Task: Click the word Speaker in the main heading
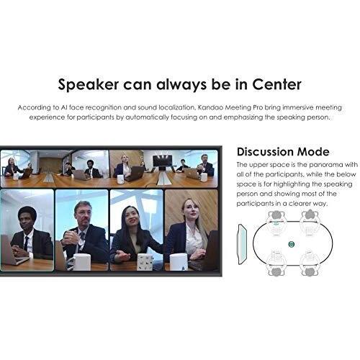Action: coord(89,85)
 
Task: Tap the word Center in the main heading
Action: coord(276,84)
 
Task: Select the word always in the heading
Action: coord(181,84)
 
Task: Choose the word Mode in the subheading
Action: coord(313,152)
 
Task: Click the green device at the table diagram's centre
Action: coord(291,244)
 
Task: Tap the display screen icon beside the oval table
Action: coord(242,244)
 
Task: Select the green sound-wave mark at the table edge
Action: coord(276,223)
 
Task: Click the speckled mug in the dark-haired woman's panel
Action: coord(145,262)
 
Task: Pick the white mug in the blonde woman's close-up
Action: coord(179,262)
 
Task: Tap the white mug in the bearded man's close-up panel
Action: coord(82,262)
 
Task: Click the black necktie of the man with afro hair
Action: coord(26,243)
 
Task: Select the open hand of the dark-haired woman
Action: coord(122,256)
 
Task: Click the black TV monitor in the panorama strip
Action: coord(163,161)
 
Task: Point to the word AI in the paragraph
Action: coord(64,107)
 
